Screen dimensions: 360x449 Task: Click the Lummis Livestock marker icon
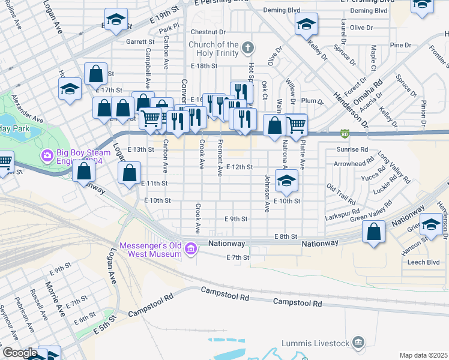coord(358,343)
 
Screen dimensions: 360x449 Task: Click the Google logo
coord(20,353)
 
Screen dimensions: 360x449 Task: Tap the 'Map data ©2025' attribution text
coord(423,355)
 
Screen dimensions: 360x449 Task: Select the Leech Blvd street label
coord(425,262)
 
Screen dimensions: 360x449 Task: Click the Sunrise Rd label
coord(352,149)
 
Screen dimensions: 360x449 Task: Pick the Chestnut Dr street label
coord(208,31)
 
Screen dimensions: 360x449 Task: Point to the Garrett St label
coord(140,42)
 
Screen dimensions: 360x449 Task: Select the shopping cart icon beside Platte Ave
coord(296,125)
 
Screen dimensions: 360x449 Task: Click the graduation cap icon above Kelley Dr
coord(306,25)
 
